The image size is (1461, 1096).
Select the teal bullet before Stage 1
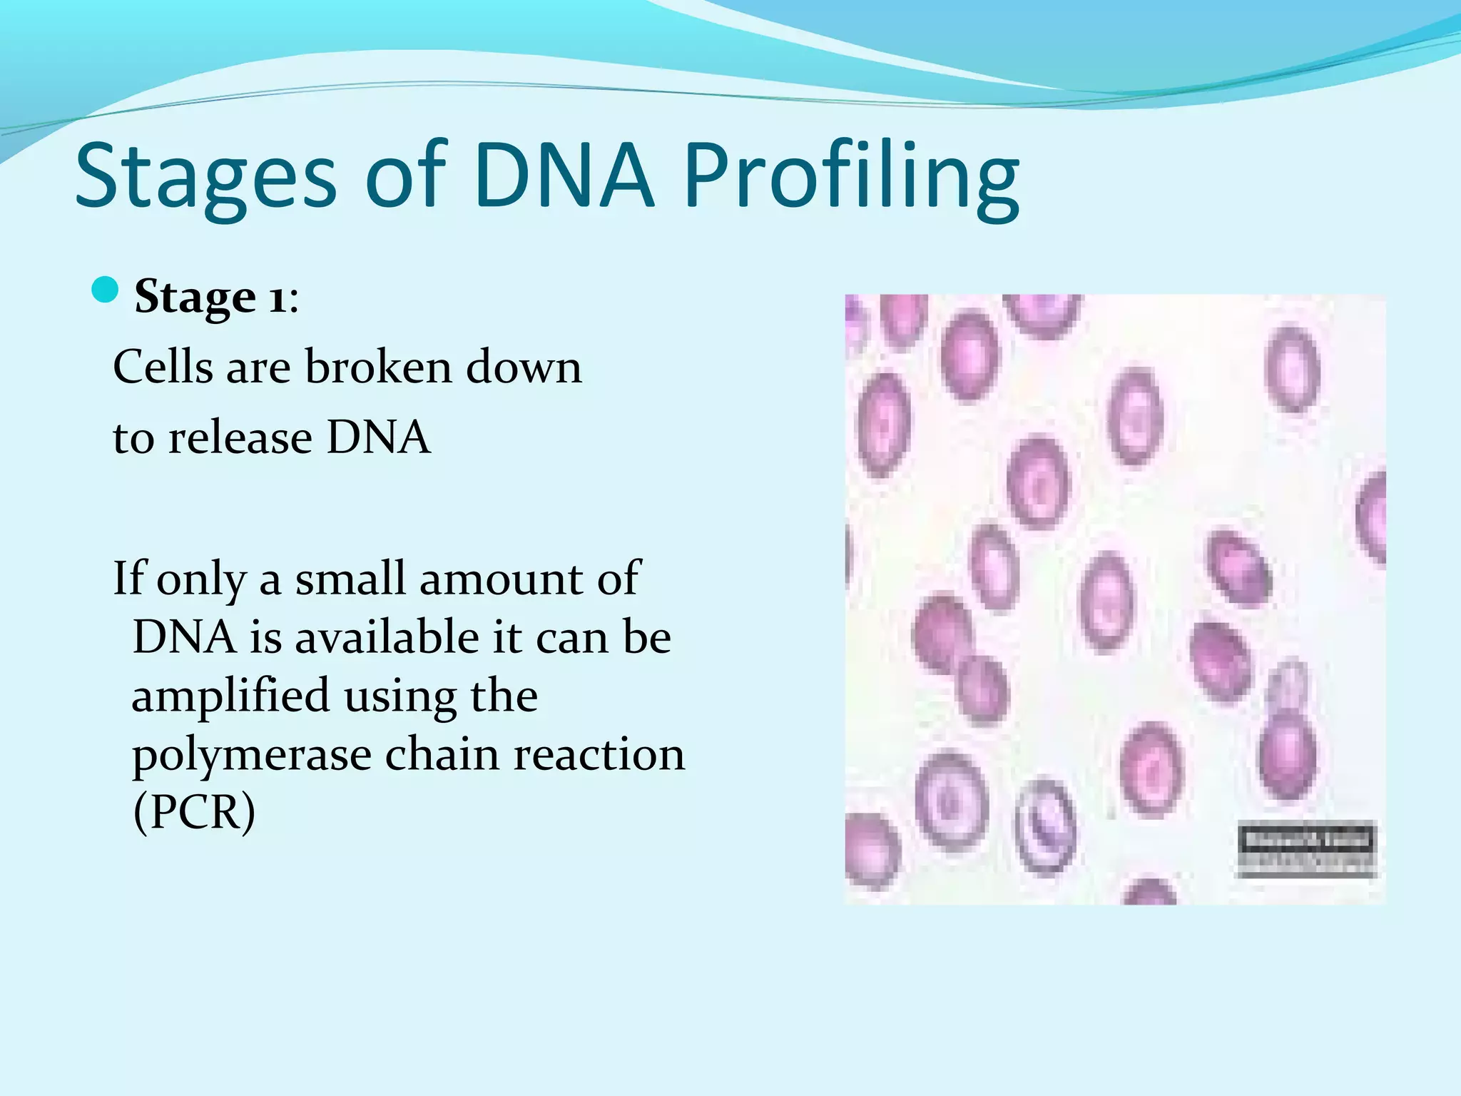coord(105,290)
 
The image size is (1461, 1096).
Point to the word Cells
coord(163,367)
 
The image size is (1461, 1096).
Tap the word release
coord(240,437)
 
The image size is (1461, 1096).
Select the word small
coord(350,578)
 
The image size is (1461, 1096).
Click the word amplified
coord(230,696)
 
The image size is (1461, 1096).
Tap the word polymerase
coord(252,755)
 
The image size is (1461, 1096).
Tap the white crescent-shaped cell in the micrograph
coord(1044,828)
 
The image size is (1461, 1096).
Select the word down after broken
coord(524,367)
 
